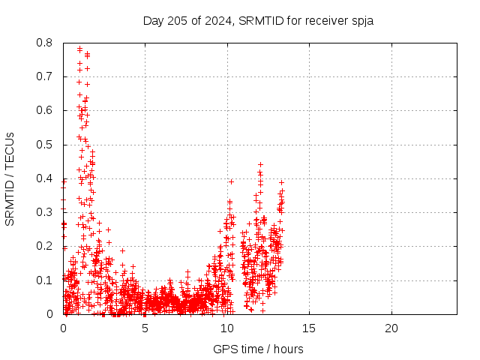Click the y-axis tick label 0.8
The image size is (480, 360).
tap(44, 43)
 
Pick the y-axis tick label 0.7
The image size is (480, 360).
tap(44, 76)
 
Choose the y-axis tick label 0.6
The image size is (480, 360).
tap(44, 110)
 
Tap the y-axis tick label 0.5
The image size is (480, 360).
tap(44, 145)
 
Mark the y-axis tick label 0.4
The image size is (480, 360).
tap(44, 178)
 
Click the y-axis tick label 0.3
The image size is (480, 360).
tap(44, 212)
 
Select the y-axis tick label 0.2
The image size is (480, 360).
tap(44, 246)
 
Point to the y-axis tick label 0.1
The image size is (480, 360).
tap(44, 280)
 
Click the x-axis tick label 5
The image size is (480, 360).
tap(145, 328)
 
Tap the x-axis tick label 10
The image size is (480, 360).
tap(227, 328)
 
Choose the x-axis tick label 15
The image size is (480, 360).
tap(309, 328)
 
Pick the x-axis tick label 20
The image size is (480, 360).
tap(391, 328)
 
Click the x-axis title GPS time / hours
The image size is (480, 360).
tap(258, 349)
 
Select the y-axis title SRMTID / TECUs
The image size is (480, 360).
tap(10, 179)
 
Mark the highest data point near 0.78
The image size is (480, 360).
tap(80, 48)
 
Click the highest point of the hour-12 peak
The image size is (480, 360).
tap(260, 165)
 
